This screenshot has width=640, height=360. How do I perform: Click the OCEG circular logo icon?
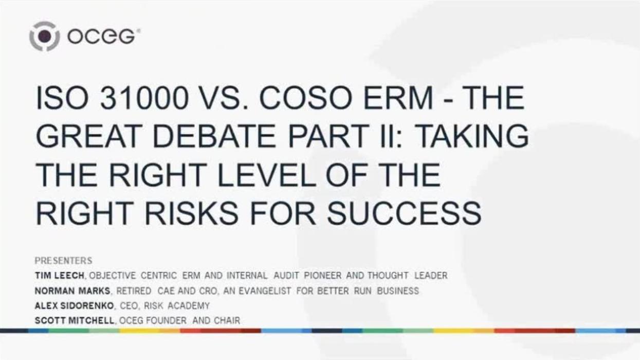click(45, 36)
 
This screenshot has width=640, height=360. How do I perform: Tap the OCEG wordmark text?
click(101, 37)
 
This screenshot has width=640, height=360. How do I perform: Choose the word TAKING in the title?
click(472, 137)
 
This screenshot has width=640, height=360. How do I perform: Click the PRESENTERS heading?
click(63, 261)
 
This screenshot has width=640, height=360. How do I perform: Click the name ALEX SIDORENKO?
click(75, 305)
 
